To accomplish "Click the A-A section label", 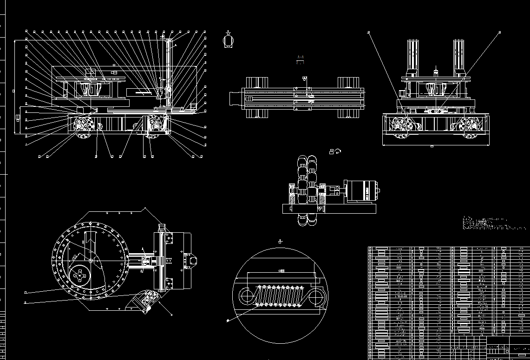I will pos(301,58).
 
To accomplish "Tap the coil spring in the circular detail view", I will pos(278,296).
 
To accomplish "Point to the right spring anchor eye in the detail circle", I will pos(316,297).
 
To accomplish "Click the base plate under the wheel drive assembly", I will pos(329,209).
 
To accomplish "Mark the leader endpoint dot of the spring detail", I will pos(228,321).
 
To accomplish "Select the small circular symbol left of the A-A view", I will pos(228,41).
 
